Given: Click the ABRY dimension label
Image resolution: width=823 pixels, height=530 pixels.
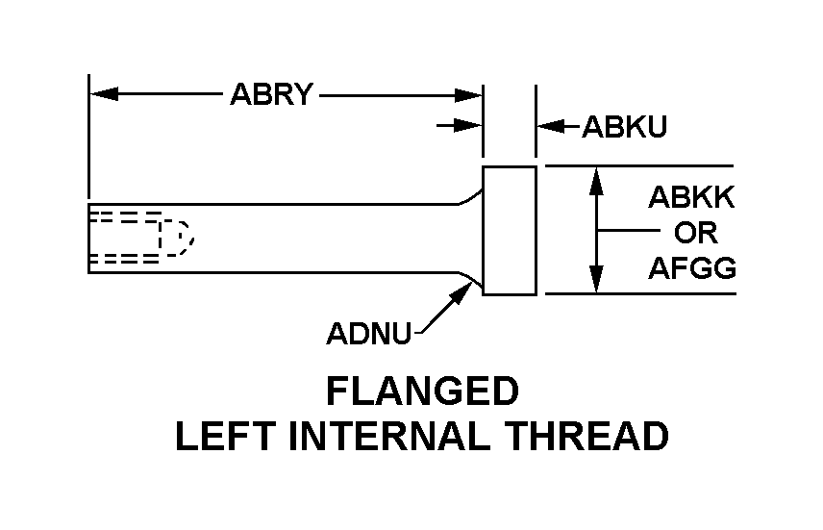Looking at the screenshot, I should click(x=272, y=95).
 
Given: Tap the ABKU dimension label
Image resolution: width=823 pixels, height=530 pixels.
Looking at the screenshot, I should click(x=624, y=127).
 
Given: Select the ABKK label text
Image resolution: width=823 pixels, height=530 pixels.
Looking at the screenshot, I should click(x=691, y=198).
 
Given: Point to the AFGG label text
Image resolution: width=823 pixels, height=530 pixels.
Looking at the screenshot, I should click(x=692, y=267).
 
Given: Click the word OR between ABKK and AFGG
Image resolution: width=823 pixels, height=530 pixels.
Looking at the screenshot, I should click(x=692, y=233).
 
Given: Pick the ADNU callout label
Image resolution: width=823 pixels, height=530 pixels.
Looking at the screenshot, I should click(x=369, y=334).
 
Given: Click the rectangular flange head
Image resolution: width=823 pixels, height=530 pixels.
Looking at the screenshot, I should click(x=509, y=230).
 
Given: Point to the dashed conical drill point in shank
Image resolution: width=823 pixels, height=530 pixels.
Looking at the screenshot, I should click(x=177, y=237).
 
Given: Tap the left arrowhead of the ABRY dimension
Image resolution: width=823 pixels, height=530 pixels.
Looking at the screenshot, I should click(x=102, y=94).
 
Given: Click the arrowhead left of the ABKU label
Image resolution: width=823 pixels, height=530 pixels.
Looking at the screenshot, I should click(x=548, y=125).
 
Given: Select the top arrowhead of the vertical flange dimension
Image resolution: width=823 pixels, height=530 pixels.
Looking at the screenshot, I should click(x=597, y=178).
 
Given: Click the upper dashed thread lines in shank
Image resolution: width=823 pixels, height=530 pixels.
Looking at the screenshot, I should click(x=123, y=215).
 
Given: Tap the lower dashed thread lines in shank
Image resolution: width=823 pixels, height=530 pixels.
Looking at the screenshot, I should click(x=123, y=260).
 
